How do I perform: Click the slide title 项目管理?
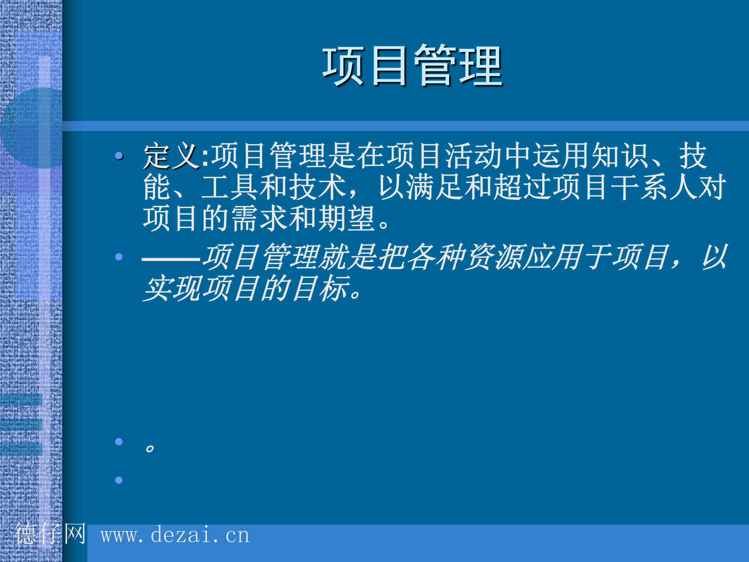tap(412, 66)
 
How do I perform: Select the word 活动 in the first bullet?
tap(473, 156)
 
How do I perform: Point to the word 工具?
tap(230, 187)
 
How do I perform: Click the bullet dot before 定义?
tap(119, 156)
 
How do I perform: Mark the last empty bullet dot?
tap(119, 480)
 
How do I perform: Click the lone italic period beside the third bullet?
tap(149, 448)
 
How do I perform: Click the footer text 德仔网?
tap(50, 534)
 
